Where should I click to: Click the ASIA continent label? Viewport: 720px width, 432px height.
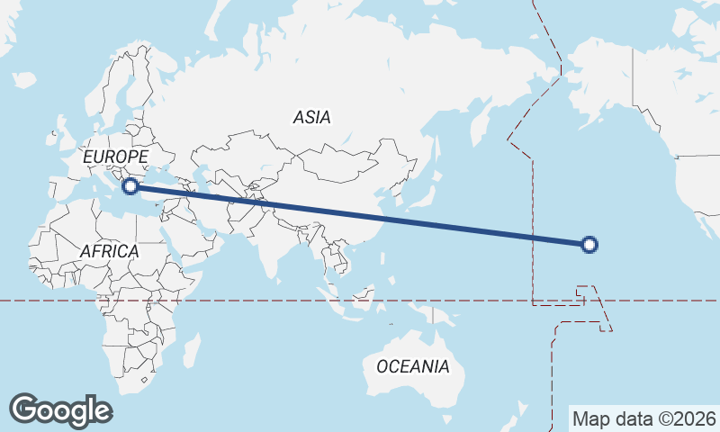point(312,117)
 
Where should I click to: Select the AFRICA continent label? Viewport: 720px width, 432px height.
point(109,251)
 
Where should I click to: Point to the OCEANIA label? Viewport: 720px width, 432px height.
point(412,366)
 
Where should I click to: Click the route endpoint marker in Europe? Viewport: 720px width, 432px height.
point(130,186)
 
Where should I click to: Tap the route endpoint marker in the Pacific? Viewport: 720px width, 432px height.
point(589,243)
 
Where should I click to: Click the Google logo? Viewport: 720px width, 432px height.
point(60,410)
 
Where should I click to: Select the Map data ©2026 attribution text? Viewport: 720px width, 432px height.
point(644,418)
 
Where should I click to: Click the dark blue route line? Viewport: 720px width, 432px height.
point(360,214)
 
